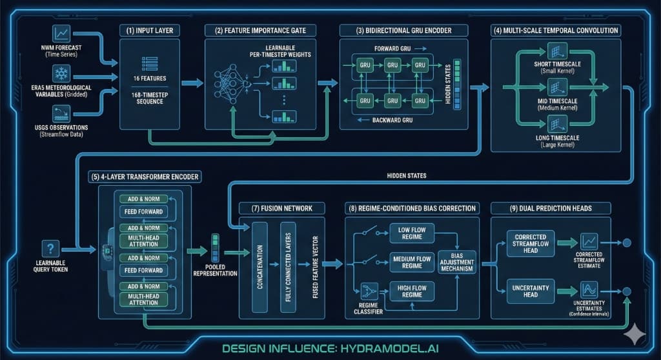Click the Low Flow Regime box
tap(411, 233)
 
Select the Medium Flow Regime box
tap(411, 262)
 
